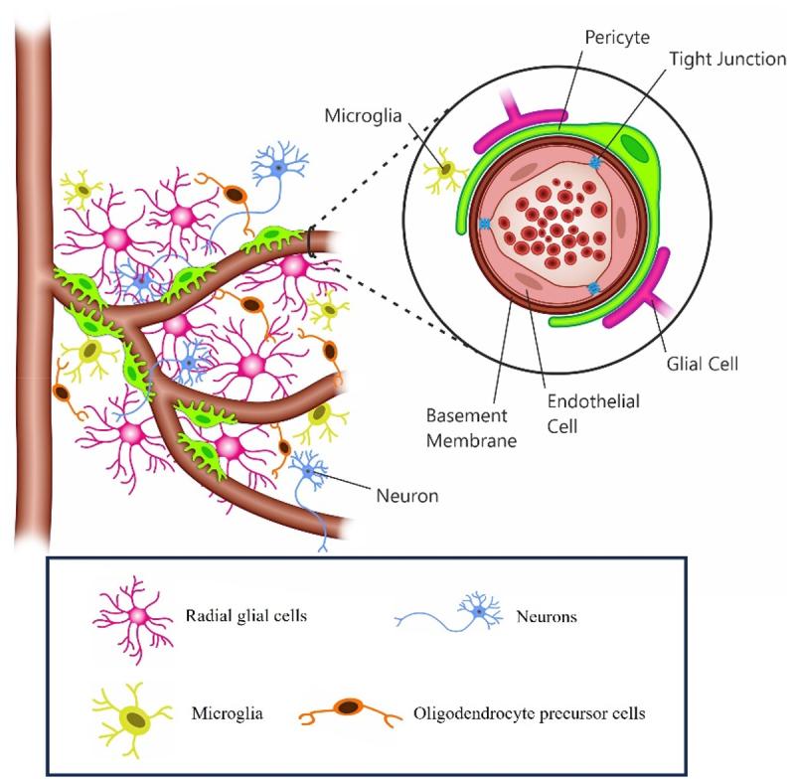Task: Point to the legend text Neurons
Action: click(x=546, y=616)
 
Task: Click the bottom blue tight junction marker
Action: click(x=593, y=289)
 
